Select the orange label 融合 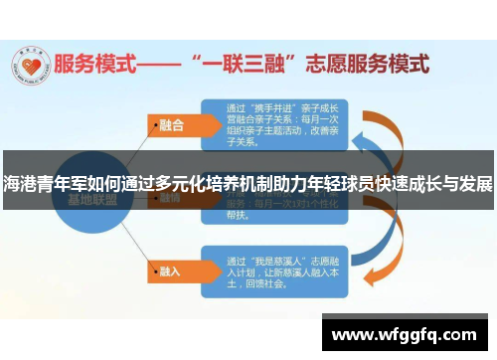coord(170,125)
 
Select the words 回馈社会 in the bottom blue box coord(273,282)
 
